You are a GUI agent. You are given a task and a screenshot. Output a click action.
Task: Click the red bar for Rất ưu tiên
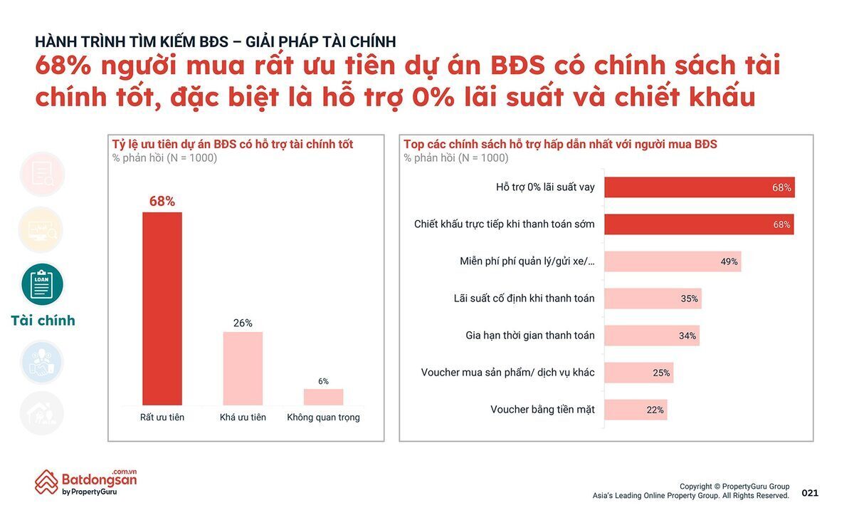click(x=162, y=309)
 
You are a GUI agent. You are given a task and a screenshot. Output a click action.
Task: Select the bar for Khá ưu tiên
click(x=243, y=368)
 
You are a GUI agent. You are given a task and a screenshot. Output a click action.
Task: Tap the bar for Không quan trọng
click(x=323, y=397)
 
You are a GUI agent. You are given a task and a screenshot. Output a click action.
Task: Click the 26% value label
click(x=243, y=323)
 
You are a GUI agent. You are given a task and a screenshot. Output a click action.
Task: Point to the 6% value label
click(x=323, y=381)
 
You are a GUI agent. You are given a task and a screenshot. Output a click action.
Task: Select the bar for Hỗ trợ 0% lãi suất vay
click(x=699, y=187)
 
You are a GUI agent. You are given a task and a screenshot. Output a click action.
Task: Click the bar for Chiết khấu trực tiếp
click(x=699, y=224)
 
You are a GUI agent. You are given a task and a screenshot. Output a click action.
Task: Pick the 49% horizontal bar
click(x=673, y=261)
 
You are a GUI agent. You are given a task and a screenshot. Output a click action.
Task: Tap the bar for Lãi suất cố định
click(x=653, y=299)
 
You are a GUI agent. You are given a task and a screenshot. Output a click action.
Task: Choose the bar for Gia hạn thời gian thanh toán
click(x=652, y=336)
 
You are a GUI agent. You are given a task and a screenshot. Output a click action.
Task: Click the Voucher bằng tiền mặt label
click(x=542, y=410)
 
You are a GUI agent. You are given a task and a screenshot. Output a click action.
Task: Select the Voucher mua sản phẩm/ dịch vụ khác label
click(x=507, y=373)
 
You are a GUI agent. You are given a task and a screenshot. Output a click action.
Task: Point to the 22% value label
click(x=655, y=410)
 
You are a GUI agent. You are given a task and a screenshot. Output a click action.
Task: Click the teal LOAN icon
click(x=43, y=284)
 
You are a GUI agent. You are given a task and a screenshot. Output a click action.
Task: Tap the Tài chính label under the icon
click(x=43, y=321)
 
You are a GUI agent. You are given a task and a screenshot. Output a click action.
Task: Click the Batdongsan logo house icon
click(x=46, y=482)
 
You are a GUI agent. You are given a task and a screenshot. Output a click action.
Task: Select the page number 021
click(x=810, y=493)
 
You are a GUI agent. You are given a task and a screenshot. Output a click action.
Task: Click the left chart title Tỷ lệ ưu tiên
click(x=233, y=145)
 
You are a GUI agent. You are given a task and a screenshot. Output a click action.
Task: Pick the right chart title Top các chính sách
click(x=560, y=145)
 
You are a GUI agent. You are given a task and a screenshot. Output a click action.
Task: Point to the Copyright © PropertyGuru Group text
click(x=734, y=487)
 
